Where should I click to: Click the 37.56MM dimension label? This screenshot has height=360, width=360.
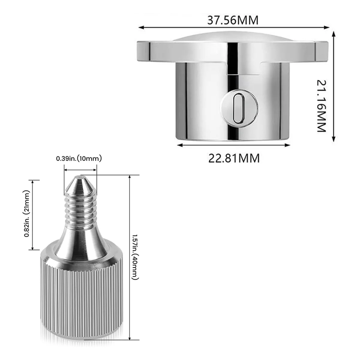tap(233, 20)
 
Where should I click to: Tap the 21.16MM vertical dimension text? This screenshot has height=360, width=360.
tap(322, 106)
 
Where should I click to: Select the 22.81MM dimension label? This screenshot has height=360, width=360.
tap(234, 158)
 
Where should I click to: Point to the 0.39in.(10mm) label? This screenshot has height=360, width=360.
tap(79, 159)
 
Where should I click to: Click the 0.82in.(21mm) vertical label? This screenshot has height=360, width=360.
tap(27, 214)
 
